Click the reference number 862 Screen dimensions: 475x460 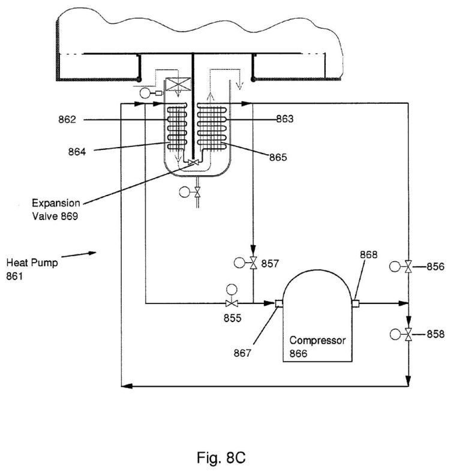68,120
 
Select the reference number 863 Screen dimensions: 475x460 284,119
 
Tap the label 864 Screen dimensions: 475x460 77,152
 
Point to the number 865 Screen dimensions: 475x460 278,158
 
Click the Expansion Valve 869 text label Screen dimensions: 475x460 55,209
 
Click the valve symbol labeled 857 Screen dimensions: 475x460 253,263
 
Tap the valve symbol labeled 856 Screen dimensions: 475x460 408,266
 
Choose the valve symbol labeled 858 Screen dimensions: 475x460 408,333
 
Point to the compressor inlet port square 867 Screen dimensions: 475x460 279,303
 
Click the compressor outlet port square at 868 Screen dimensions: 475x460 356,303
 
